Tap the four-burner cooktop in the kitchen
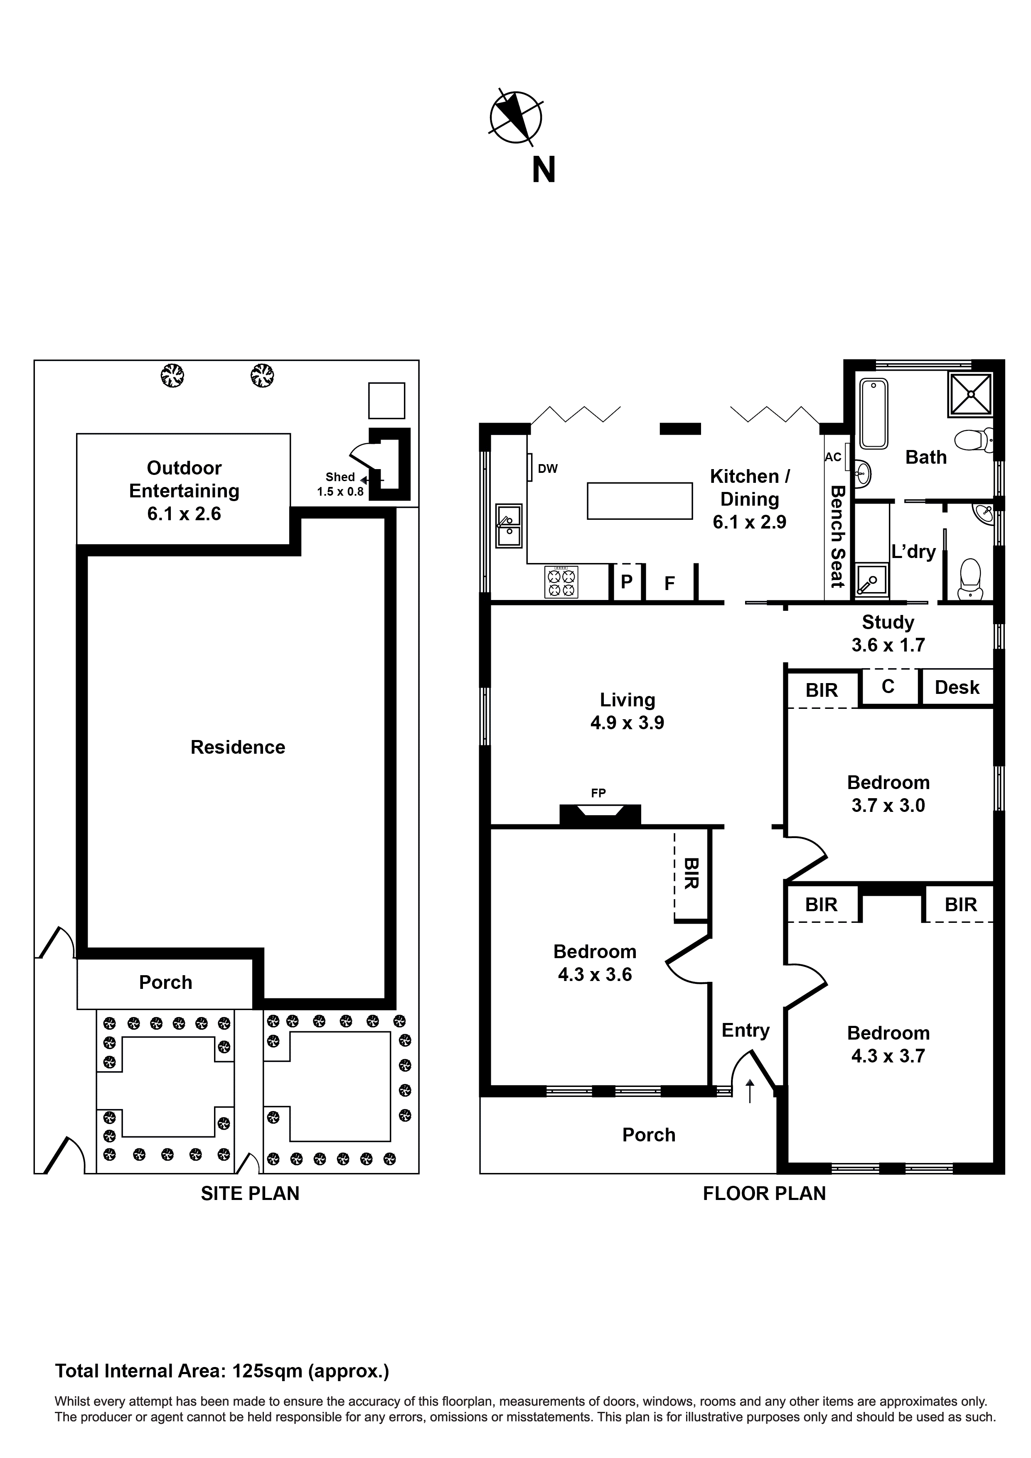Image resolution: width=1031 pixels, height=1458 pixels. [x=561, y=582]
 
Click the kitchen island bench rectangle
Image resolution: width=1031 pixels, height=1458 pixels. [x=639, y=501]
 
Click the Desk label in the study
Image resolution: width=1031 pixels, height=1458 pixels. [x=957, y=687]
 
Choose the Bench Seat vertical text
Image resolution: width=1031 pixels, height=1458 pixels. [x=837, y=536]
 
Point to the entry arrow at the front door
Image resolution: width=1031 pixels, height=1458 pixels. [x=750, y=1090]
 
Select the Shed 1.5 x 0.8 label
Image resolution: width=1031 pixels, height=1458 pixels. [x=340, y=484]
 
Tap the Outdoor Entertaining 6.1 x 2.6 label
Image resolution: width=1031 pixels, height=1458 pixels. [x=184, y=490]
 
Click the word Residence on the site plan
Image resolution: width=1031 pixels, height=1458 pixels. [x=238, y=747]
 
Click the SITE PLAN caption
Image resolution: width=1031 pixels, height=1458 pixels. [x=250, y=1193]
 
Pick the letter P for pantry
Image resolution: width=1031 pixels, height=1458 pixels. [x=626, y=582]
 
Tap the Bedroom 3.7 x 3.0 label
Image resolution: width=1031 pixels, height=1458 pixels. [x=888, y=793]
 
